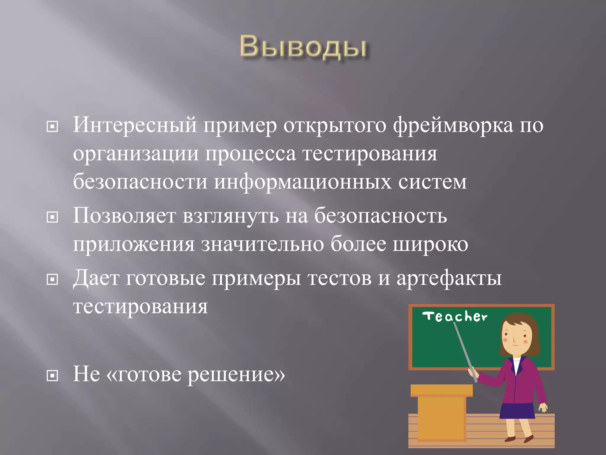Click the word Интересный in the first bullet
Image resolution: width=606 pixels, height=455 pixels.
pyautogui.click(x=135, y=125)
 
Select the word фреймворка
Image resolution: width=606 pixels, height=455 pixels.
pyautogui.click(x=453, y=125)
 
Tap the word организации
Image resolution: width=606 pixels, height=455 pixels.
pyautogui.click(x=136, y=154)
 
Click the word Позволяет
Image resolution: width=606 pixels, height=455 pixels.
pyautogui.click(x=124, y=216)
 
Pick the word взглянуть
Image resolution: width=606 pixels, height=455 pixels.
pyautogui.click(x=231, y=216)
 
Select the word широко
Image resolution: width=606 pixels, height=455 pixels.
pyautogui.click(x=430, y=245)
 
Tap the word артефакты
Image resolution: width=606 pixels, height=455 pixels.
pyautogui.click(x=449, y=278)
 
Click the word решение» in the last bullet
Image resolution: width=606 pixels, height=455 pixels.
pyautogui.click(x=236, y=374)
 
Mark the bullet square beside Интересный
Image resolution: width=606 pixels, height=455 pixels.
pyautogui.click(x=52, y=127)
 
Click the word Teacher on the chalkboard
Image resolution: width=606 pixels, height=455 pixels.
pyautogui.click(x=455, y=317)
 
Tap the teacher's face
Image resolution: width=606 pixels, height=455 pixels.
pyautogui.click(x=515, y=338)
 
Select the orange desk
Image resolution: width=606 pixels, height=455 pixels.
pyautogui.click(x=441, y=415)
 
